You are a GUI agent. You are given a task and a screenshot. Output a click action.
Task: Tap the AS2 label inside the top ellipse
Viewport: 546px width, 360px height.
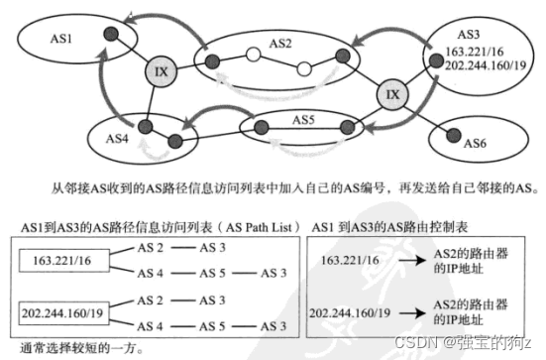(x=279, y=44)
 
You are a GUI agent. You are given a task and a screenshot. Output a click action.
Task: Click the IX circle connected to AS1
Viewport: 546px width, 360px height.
(x=160, y=72)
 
